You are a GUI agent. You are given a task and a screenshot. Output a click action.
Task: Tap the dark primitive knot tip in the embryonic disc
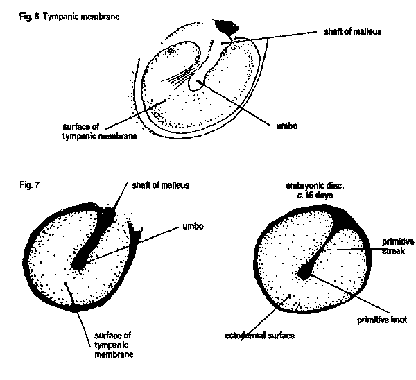click(x=304, y=274)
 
